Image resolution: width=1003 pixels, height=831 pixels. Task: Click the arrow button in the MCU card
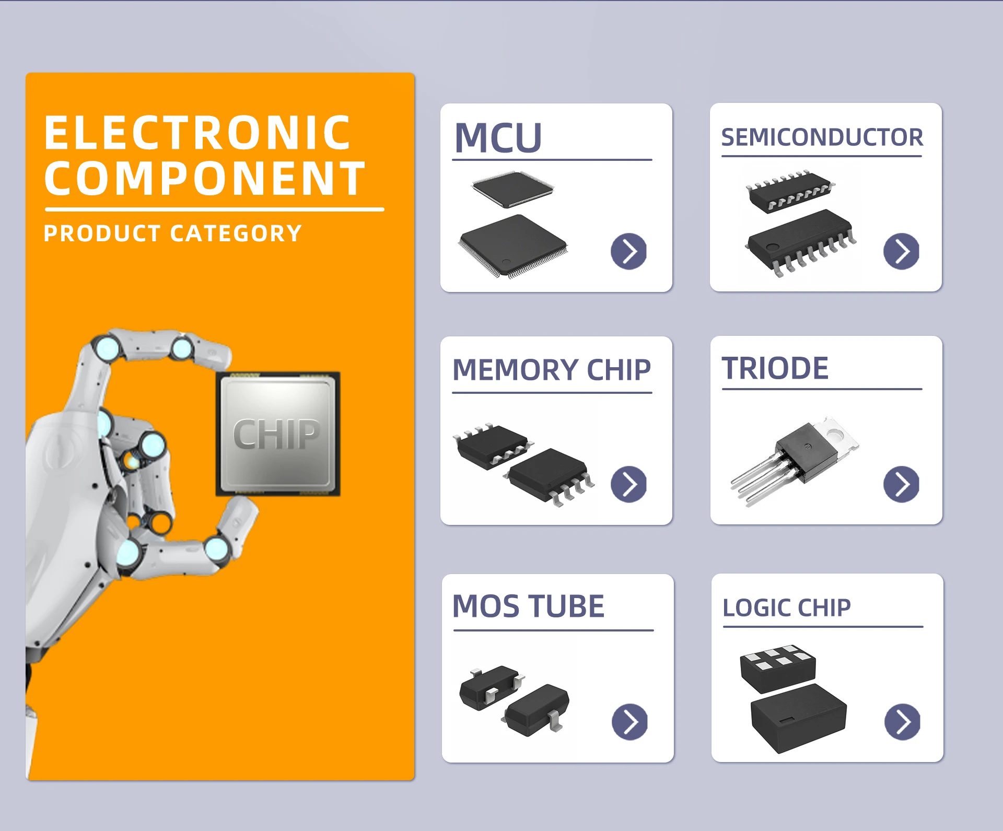[x=628, y=251]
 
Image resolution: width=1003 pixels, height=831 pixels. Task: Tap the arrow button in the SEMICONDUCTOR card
[x=901, y=251]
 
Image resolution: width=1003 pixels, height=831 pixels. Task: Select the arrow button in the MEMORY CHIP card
[x=628, y=484]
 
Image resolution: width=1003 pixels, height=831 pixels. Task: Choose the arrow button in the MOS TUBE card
[x=629, y=722]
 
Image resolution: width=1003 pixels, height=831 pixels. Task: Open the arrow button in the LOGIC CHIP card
[x=902, y=722]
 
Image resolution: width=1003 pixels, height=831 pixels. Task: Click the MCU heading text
[x=498, y=138]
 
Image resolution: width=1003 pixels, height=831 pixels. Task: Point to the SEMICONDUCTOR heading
[x=822, y=137]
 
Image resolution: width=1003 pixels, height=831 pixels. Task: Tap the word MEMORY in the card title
[x=515, y=370]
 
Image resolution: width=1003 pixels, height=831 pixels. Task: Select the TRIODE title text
[x=775, y=368]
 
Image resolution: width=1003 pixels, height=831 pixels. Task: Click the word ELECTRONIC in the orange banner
[x=197, y=133]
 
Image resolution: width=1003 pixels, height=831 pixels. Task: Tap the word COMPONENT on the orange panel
[x=205, y=179]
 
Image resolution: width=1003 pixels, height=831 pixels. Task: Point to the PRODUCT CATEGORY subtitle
[x=173, y=233]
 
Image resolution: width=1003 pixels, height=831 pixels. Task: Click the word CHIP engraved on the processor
[x=276, y=435]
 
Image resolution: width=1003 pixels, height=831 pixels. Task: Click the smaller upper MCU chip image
[x=512, y=188]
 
